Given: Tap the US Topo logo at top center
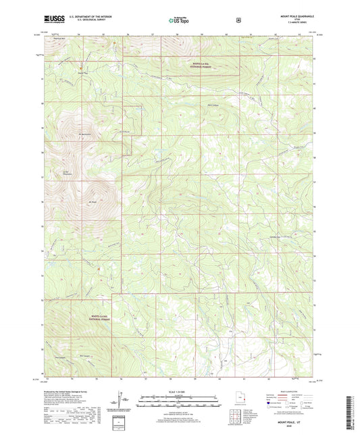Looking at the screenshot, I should coord(179,20).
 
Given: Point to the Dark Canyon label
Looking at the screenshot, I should coord(213,105).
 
